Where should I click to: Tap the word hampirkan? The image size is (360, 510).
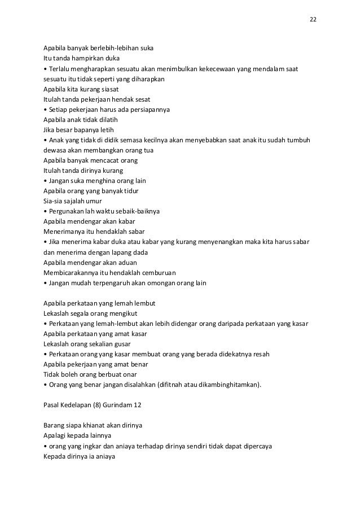[90, 58]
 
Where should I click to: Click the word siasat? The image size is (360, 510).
[109, 89]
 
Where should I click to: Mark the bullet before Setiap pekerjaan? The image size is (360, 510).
[45, 109]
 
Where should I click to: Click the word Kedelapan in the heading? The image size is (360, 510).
[76, 406]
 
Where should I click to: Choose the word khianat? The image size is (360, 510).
[85, 426]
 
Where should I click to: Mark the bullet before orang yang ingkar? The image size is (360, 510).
[45, 446]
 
